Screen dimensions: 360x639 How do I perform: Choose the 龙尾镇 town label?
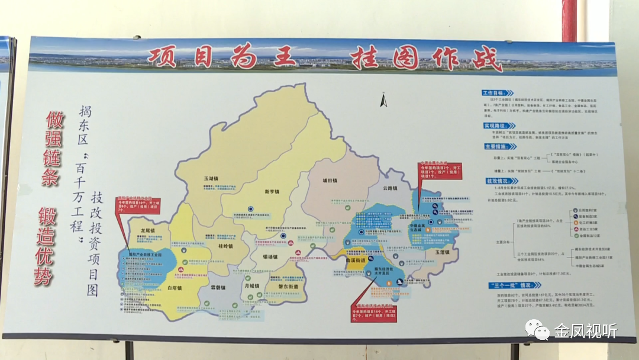[x=147, y=230]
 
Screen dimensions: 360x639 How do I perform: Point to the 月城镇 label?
[x=251, y=285]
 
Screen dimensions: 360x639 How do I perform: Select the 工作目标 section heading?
[x=495, y=93]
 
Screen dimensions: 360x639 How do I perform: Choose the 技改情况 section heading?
[x=495, y=180]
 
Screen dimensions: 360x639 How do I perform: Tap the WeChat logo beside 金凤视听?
[x=537, y=330]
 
